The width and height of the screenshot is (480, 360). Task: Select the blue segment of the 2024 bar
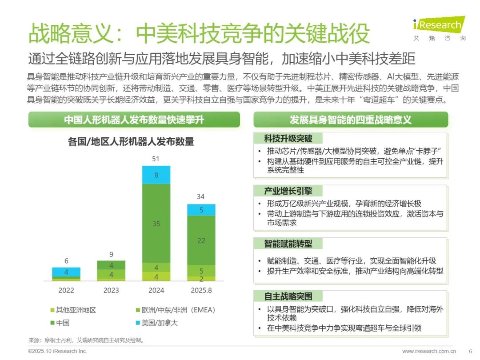coord(156,175)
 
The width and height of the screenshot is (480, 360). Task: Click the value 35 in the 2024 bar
coord(156,224)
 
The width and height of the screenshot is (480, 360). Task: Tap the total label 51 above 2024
coord(156,159)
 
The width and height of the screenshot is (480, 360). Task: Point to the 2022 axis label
coord(66,290)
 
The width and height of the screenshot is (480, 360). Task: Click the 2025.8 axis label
coord(201,290)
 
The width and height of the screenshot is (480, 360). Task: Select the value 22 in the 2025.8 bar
coord(201,240)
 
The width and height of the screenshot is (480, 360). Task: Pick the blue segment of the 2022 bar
coord(66,272)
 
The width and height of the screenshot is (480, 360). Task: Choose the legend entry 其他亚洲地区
coord(73,310)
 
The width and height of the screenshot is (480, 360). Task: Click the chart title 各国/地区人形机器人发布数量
coord(131,142)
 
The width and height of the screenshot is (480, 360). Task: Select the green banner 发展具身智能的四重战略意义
coord(351,120)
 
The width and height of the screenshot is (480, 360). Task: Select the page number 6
coord(471,351)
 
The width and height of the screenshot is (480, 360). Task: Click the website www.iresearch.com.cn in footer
coord(429,351)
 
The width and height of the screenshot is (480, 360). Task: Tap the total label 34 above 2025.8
coord(201,196)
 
